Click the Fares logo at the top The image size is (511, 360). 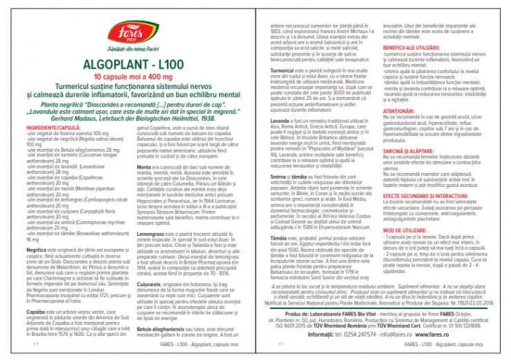[128, 32]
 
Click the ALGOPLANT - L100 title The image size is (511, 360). [128, 64]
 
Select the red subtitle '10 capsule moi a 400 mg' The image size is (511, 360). [128, 76]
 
